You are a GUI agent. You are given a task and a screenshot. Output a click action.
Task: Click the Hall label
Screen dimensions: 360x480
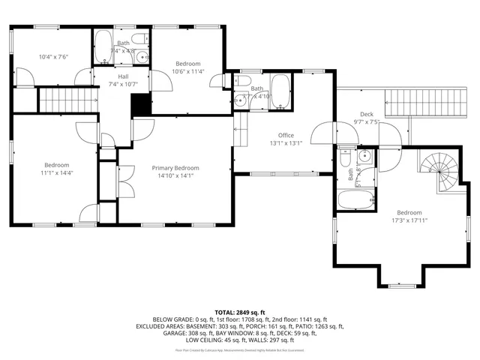123,76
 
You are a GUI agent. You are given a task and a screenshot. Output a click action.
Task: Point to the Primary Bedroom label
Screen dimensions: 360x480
175,168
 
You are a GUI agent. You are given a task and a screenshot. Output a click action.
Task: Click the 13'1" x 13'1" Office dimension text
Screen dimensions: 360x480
285,144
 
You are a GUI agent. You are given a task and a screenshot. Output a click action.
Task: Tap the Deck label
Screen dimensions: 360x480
367,113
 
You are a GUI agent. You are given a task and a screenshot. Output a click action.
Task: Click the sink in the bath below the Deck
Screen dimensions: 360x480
365,156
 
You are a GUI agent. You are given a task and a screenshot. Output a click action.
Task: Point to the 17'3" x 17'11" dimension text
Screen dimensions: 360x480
409,220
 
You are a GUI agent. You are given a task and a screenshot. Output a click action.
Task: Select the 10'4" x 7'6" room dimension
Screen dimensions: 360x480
53,56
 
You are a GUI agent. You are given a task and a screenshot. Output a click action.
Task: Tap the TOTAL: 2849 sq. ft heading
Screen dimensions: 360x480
240,312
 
